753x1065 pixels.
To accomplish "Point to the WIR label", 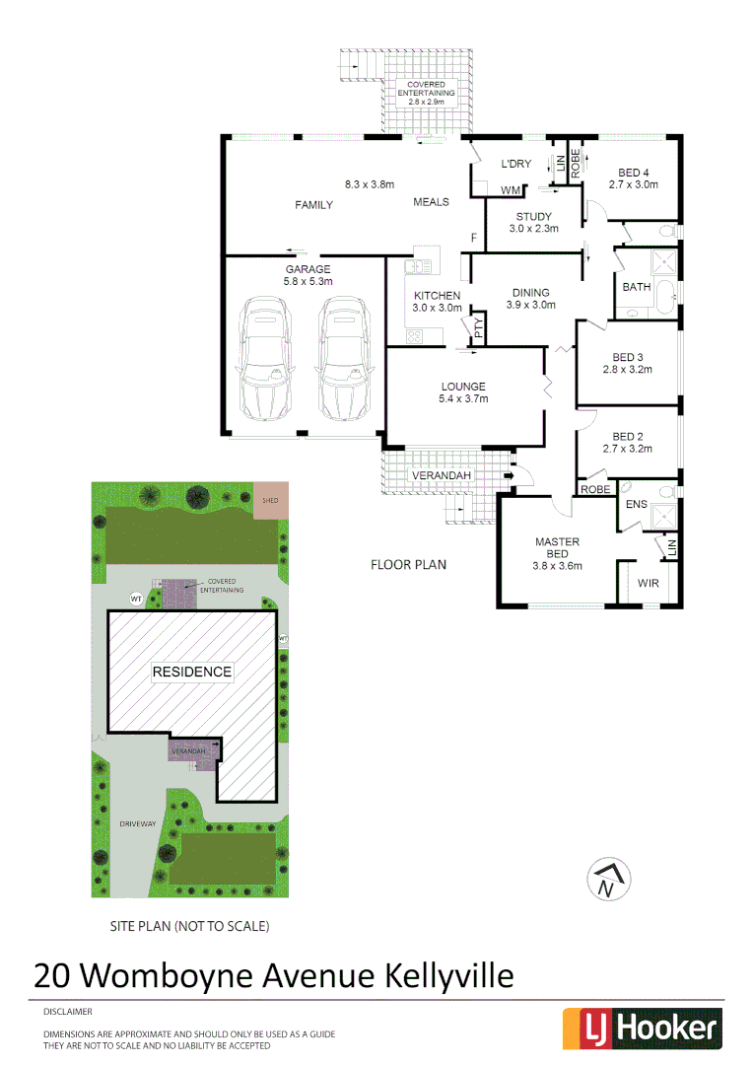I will (648, 584).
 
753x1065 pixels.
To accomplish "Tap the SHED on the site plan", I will (269, 499).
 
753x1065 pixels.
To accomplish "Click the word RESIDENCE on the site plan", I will (192, 672).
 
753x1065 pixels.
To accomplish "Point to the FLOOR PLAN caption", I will (408, 565).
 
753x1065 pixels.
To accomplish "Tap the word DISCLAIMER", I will (67, 1012).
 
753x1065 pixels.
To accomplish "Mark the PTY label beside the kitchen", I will (479, 329).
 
